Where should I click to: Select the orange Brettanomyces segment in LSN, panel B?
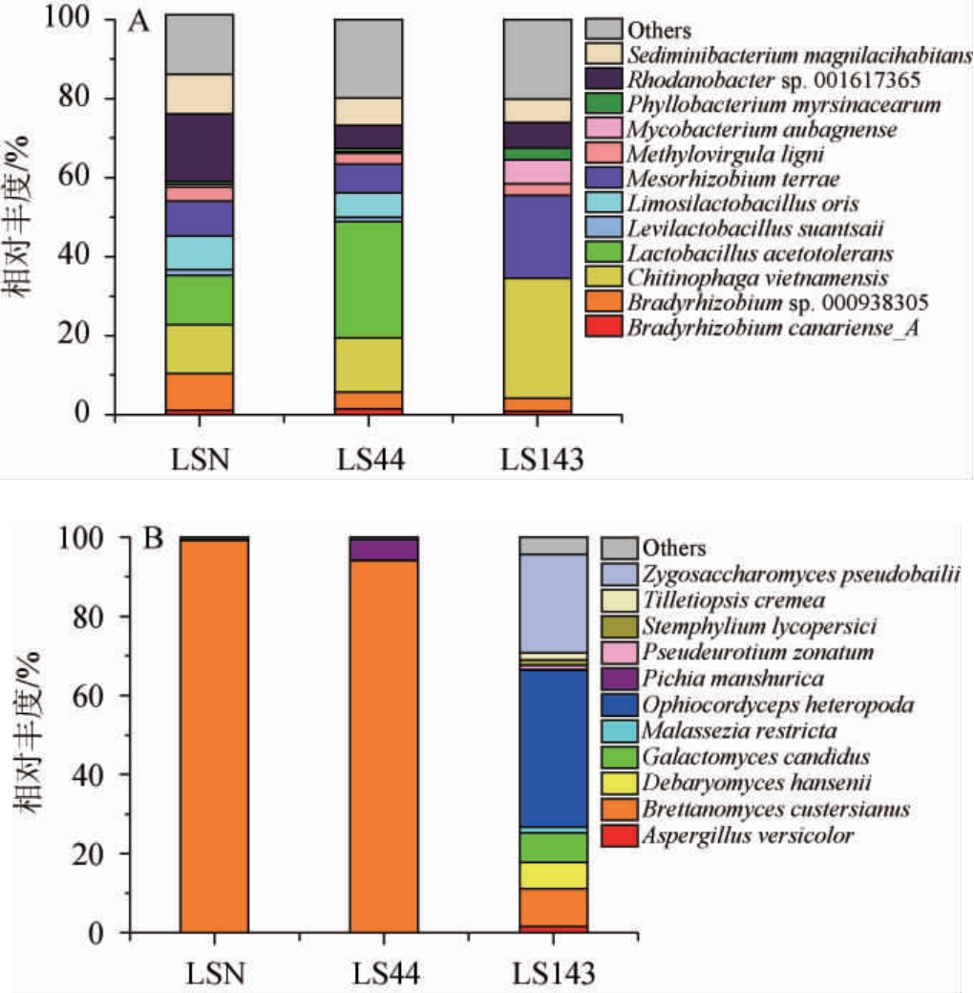pyautogui.click(x=215, y=736)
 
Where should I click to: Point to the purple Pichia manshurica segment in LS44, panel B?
pyautogui.click(x=384, y=550)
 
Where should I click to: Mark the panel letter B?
pyautogui.click(x=154, y=539)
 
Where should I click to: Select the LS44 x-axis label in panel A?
pyautogui.click(x=368, y=460)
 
